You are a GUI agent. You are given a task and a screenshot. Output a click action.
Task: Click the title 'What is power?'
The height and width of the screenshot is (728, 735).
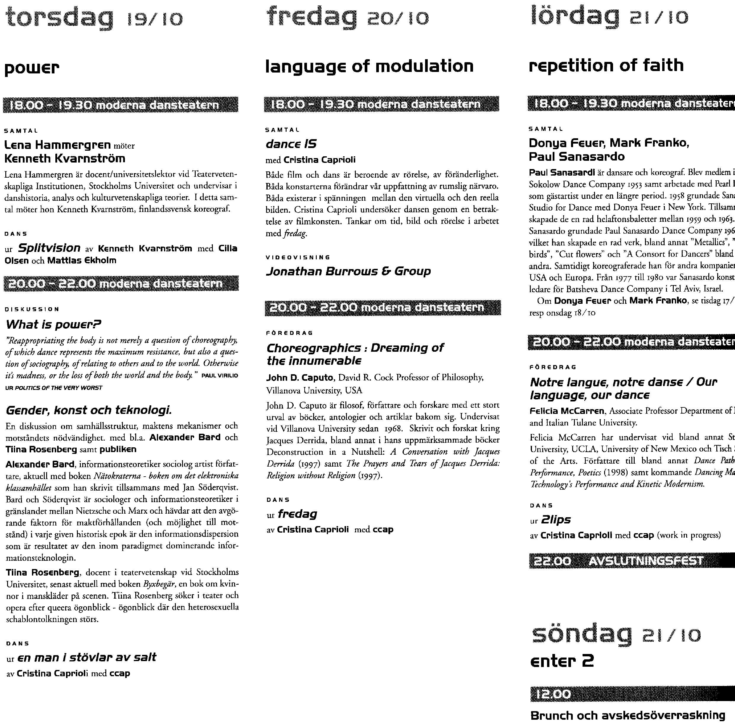point(53,324)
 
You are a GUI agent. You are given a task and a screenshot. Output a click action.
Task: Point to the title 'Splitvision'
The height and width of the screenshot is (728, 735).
point(49,248)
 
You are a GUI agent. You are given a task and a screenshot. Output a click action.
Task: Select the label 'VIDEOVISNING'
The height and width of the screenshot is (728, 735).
point(297,257)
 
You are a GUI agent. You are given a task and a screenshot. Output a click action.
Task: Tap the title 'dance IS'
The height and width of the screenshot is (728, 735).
point(291,144)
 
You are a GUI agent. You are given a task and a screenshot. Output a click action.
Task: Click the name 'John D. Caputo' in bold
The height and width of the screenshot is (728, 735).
point(300,377)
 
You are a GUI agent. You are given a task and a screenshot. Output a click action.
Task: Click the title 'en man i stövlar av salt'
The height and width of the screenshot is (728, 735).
point(87,657)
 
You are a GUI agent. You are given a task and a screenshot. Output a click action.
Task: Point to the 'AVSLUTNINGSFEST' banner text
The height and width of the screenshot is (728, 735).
point(646,561)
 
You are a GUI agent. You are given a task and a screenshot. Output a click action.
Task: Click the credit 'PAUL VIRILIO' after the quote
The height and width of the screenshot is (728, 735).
point(220,376)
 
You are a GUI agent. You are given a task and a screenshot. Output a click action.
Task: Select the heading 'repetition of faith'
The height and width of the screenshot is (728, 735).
point(606,65)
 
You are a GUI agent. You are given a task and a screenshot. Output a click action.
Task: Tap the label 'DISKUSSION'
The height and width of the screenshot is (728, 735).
point(32,309)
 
